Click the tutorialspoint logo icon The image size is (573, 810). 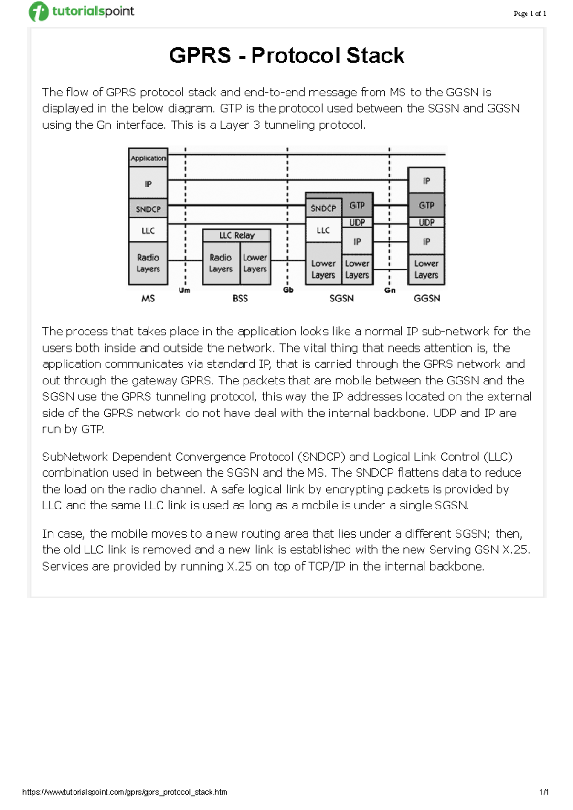coord(39,11)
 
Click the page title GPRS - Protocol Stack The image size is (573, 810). coord(286,55)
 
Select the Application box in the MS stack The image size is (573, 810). coord(148,158)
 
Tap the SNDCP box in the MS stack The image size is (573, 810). coord(148,209)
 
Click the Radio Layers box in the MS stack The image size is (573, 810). coord(148,263)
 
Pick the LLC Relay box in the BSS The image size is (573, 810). coord(237,235)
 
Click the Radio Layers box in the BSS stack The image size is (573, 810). coord(221,263)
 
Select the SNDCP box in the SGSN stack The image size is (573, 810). coord(323,208)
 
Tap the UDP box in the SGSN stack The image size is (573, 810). coord(357,222)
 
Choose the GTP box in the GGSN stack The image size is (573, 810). coord(426,205)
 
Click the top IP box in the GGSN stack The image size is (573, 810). coord(426,181)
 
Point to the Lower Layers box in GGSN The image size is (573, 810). coord(426,269)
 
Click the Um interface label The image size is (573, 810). coord(184,290)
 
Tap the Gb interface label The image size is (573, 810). coord(288,290)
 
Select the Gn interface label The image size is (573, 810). coord(390,290)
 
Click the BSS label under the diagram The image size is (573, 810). coord(240,299)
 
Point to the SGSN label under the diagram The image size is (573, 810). coord(342,299)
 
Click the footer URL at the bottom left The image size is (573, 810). coord(125,792)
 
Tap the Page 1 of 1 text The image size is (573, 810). coord(530,14)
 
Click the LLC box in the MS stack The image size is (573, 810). coord(148,231)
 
